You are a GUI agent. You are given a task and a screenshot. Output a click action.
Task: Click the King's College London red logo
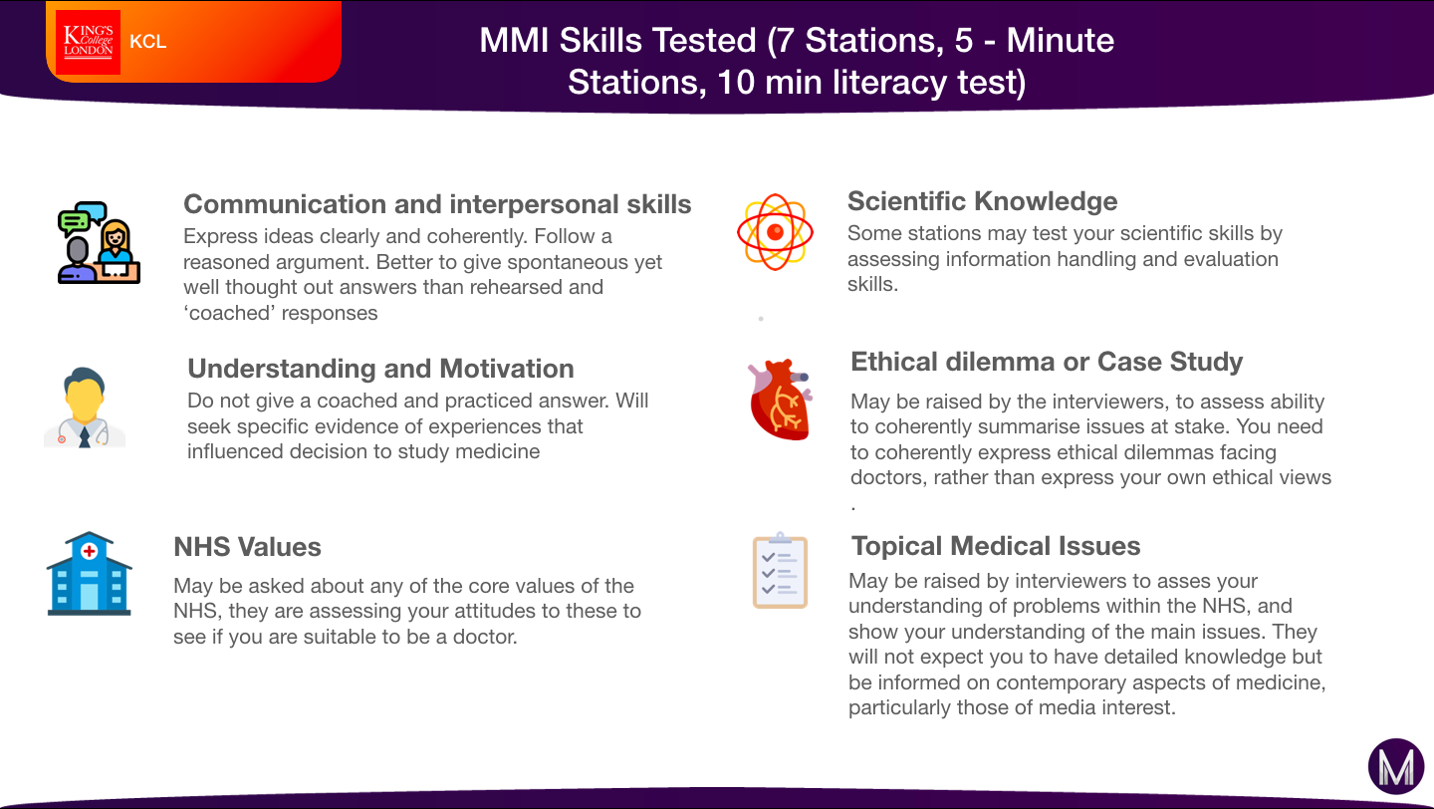tap(88, 42)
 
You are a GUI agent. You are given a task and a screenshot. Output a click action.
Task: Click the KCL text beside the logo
tap(147, 42)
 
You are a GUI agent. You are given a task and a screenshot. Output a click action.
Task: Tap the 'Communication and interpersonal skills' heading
tap(437, 204)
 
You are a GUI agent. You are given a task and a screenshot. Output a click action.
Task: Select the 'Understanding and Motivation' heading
tap(380, 369)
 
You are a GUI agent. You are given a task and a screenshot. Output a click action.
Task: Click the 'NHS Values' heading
tap(247, 547)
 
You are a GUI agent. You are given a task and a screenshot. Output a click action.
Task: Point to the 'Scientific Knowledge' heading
tap(982, 201)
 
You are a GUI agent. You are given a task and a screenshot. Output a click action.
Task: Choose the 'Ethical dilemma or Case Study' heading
tap(1047, 362)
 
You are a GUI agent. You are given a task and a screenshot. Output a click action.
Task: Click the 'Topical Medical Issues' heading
tap(996, 546)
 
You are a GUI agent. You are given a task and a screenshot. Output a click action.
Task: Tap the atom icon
tap(775, 232)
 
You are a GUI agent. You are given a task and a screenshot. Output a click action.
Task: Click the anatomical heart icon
tap(780, 400)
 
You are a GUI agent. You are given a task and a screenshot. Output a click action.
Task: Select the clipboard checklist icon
tap(780, 570)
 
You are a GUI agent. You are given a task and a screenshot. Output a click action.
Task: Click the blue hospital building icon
tap(89, 573)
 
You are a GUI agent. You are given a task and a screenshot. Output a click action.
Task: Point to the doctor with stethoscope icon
tap(85, 406)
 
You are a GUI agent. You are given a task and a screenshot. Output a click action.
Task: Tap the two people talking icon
tap(99, 242)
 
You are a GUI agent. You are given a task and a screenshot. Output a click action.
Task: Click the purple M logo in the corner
tap(1395, 766)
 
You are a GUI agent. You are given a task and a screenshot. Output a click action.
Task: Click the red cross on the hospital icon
tap(89, 551)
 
